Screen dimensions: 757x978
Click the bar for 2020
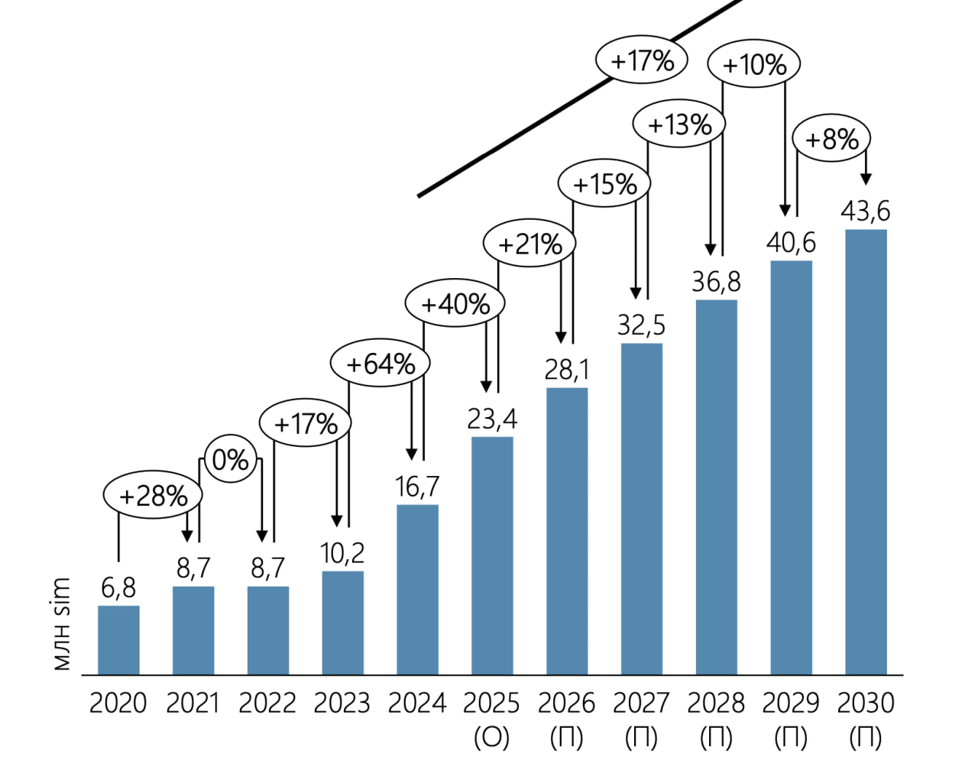point(118,640)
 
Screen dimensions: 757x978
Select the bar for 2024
point(417,589)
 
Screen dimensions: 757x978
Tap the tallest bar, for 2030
point(866,451)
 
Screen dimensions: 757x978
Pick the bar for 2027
point(642,509)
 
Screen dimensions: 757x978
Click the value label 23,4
point(492,419)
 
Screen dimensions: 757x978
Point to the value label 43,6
point(866,211)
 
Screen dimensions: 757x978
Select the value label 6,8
point(118,588)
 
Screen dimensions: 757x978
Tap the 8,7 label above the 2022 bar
point(267,568)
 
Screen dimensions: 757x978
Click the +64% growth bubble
point(380,364)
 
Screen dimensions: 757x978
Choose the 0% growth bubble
point(230,460)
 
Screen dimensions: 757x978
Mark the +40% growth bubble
point(455,303)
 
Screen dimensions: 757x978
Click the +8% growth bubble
point(831,139)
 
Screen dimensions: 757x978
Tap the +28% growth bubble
point(153,496)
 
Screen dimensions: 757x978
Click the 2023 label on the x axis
point(342,703)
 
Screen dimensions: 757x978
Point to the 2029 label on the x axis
point(790,703)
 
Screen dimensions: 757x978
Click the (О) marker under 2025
point(491,738)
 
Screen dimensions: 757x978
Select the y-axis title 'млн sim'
point(62,624)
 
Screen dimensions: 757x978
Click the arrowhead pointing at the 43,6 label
point(866,180)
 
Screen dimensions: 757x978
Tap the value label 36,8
point(716,283)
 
